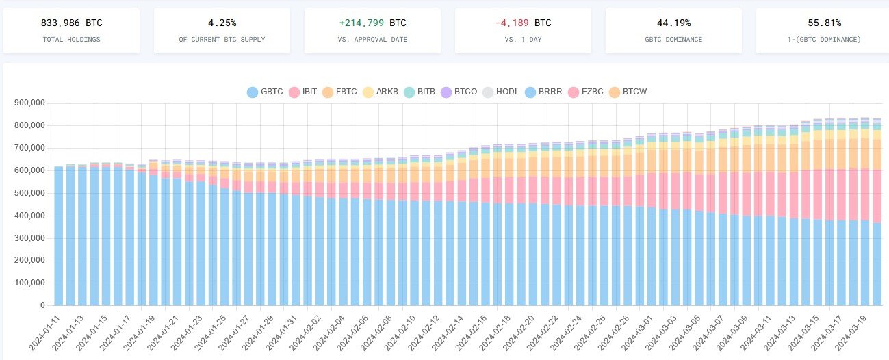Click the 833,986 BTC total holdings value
coord(71,23)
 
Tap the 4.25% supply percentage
coord(222,23)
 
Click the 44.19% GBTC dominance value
coord(673,23)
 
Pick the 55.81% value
coord(824,23)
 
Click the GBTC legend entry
coord(265,92)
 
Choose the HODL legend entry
coord(500,92)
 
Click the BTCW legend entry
coord(627,92)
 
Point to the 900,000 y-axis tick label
coord(29,103)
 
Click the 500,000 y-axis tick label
coord(29,193)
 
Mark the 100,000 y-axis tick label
coord(29,283)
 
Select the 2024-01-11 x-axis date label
coord(47,332)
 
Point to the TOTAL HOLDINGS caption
coord(71,40)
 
